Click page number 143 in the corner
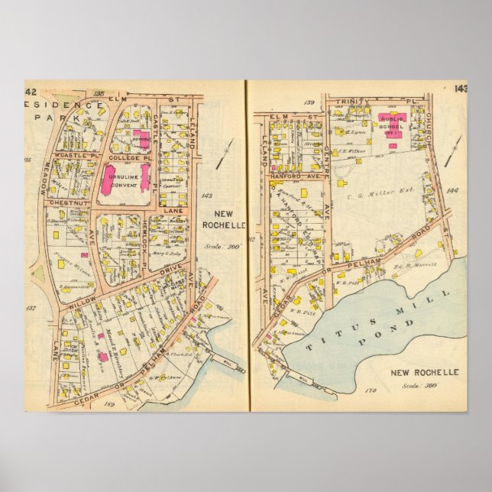[459, 89]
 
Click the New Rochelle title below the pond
[424, 372]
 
